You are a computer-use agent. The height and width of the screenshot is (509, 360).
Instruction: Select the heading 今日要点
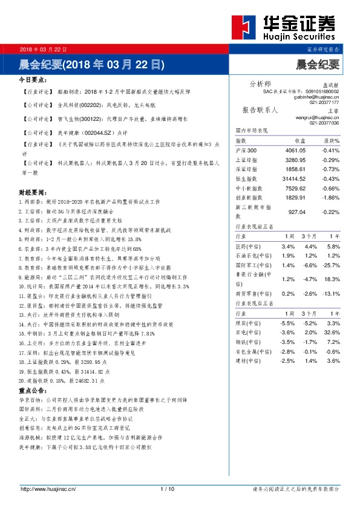coord(33,79)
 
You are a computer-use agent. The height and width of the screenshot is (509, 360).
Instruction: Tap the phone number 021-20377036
coord(324,123)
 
